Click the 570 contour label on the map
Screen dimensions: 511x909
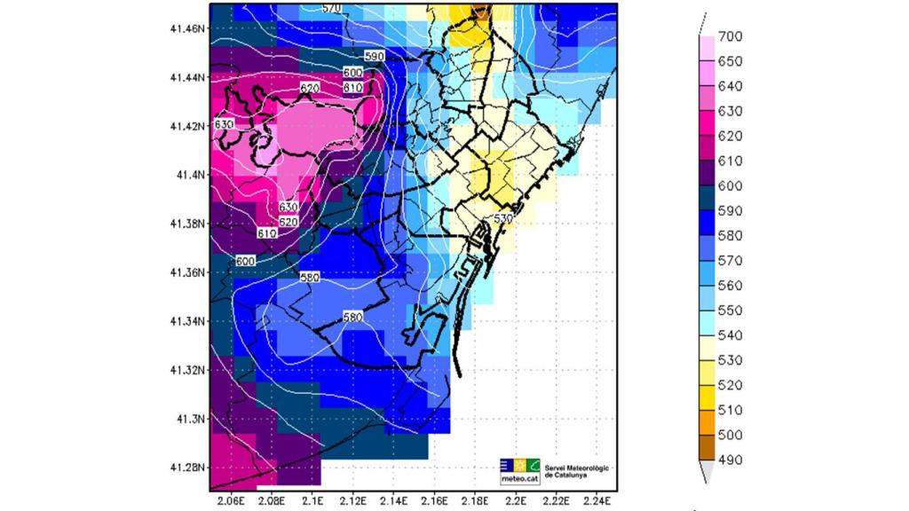331,8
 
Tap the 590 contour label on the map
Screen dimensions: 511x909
374,56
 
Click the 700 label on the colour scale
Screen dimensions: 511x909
730,36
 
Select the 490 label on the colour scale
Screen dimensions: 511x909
730,460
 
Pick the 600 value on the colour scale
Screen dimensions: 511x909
730,186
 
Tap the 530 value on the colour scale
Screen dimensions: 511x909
730,360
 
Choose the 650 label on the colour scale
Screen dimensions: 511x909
730,61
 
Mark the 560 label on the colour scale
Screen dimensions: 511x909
730,286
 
